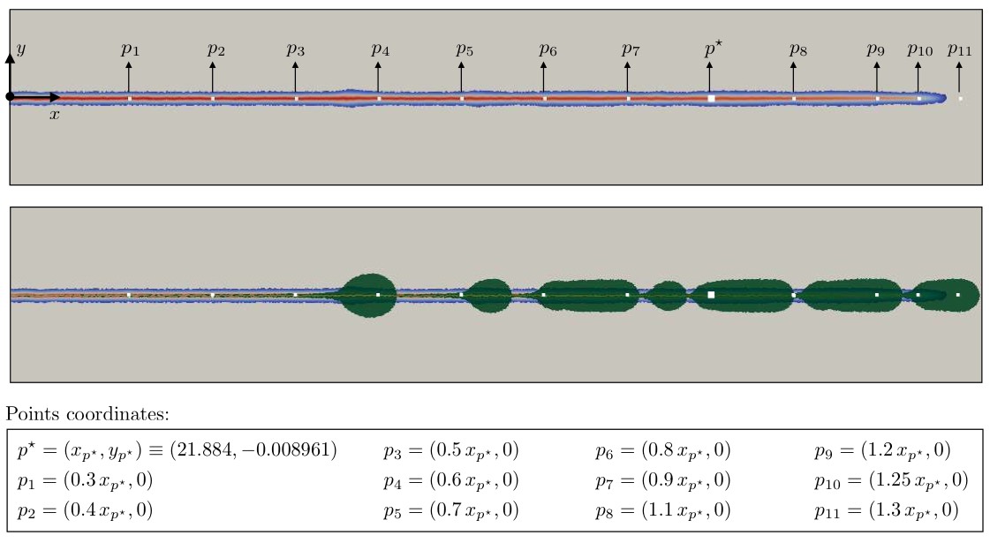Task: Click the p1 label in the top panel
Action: tap(130, 49)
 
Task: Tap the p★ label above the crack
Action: tap(714, 49)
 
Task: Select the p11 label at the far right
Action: tap(960, 49)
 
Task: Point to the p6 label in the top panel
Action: tap(548, 49)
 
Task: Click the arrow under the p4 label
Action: tap(378, 78)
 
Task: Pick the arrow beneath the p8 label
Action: tap(794, 78)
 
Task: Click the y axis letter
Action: tap(21, 49)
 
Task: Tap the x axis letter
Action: tap(55, 114)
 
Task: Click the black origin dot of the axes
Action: tap(10, 96)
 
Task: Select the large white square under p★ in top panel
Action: tap(711, 99)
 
